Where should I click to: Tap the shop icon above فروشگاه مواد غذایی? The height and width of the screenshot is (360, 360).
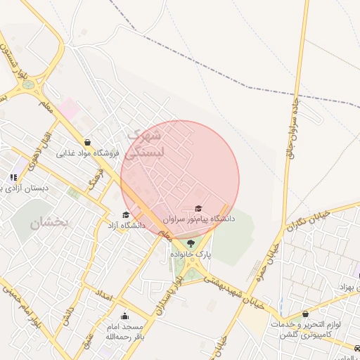click(86, 142)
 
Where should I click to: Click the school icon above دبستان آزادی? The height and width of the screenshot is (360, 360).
click(13, 177)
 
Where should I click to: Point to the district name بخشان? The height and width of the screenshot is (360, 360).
click(50, 223)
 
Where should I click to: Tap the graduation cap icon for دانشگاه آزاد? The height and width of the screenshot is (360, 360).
click(126, 215)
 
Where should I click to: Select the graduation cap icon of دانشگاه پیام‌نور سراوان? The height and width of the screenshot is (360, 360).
click(198, 209)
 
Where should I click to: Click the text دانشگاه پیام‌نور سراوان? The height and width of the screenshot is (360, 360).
click(199, 219)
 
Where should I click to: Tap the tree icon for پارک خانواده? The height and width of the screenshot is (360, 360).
click(191, 243)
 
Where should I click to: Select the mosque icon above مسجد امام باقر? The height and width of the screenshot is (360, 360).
click(125, 316)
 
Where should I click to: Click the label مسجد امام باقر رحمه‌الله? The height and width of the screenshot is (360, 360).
click(123, 332)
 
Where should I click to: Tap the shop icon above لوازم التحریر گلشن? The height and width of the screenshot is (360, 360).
click(305, 314)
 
